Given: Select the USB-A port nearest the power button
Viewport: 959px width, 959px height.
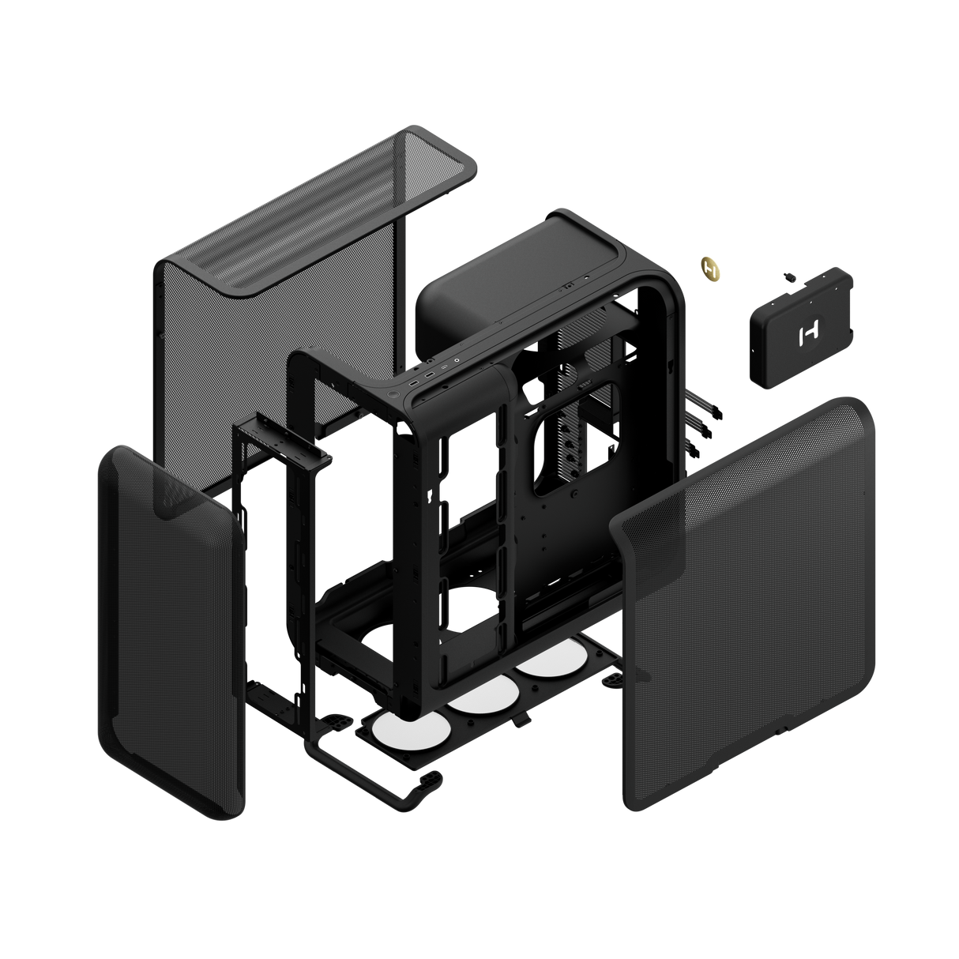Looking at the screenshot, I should pyautogui.click(x=414, y=383).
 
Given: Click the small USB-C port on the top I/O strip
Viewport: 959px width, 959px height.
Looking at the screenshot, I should pyautogui.click(x=445, y=367).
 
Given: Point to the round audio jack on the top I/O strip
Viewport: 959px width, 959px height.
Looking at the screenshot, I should pyautogui.click(x=457, y=360).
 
